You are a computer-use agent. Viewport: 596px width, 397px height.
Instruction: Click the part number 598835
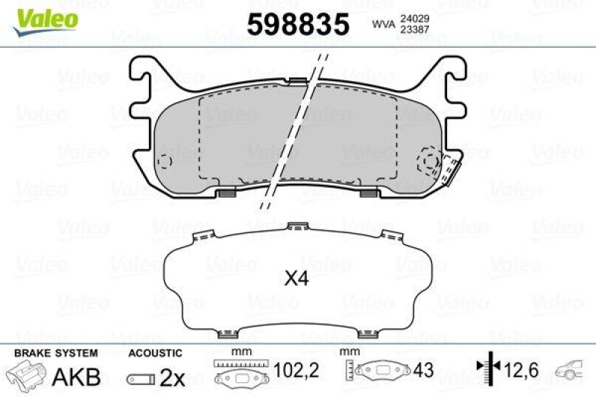click(x=297, y=25)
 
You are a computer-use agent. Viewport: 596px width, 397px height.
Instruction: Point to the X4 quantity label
click(x=297, y=280)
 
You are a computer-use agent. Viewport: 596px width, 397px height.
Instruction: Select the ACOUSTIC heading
click(x=154, y=352)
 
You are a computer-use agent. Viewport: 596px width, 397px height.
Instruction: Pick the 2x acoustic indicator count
click(x=172, y=378)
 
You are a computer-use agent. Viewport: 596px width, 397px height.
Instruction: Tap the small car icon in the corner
click(x=573, y=368)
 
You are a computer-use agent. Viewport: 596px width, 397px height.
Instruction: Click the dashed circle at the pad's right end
click(x=430, y=159)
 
